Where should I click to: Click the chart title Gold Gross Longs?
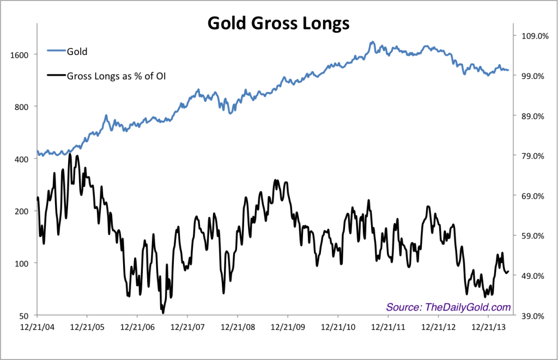(x=278, y=24)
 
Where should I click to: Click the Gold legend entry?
(x=77, y=52)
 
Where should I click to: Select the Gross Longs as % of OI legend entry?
(x=116, y=76)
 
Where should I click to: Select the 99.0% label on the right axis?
(x=532, y=76)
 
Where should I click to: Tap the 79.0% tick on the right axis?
(x=532, y=156)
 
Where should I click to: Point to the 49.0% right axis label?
(x=532, y=276)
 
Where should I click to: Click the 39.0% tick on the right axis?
(x=532, y=316)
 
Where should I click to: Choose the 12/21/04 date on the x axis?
(x=37, y=328)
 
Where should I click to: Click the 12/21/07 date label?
(x=187, y=328)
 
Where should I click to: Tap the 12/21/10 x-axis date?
(x=337, y=328)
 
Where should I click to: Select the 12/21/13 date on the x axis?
(x=487, y=328)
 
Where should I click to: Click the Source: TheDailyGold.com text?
(x=448, y=307)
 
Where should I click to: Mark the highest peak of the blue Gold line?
(x=372, y=41)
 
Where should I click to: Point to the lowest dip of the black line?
(x=163, y=313)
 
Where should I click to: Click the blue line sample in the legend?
(x=56, y=52)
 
